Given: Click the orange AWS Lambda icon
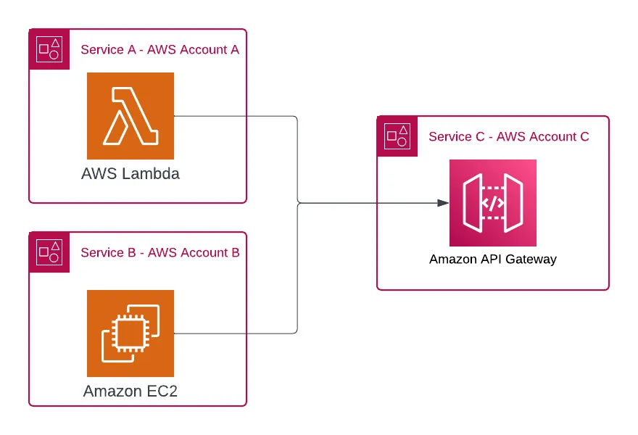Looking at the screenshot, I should (x=130, y=116).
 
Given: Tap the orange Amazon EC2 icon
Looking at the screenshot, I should (x=130, y=333).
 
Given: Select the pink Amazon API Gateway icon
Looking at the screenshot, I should (x=493, y=203).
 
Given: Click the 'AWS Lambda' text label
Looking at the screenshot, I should (x=130, y=174).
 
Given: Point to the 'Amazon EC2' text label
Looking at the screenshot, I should (x=130, y=391).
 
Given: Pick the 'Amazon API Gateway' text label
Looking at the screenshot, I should (x=493, y=259).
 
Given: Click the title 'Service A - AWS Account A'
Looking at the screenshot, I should (x=159, y=49).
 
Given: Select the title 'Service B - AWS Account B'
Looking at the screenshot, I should (x=159, y=252).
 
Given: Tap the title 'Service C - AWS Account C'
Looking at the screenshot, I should (x=509, y=136).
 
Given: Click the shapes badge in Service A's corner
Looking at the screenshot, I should (x=49, y=49).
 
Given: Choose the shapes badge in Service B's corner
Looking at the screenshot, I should (x=49, y=252).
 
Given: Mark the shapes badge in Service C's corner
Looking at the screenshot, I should (x=397, y=136).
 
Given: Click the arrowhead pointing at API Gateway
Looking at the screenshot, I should (x=443, y=203).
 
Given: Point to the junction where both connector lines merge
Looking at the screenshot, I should (x=298, y=203).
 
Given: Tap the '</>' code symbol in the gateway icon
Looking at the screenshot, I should (x=493, y=203).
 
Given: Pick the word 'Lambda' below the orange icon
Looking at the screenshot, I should (x=152, y=174).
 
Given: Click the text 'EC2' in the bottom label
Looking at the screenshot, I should (x=162, y=391).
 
